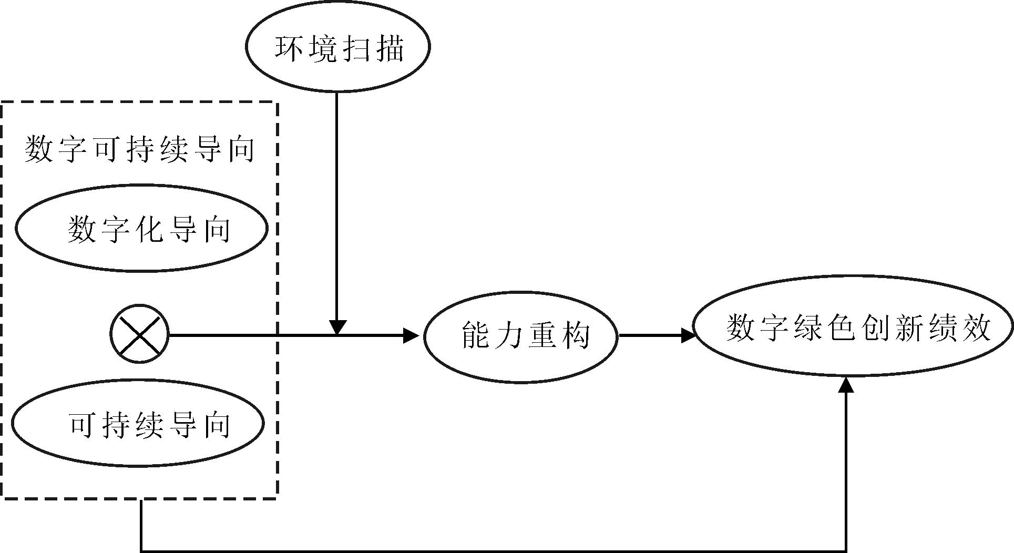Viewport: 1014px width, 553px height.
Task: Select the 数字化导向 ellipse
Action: (141, 228)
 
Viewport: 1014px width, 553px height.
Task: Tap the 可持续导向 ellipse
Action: (138, 424)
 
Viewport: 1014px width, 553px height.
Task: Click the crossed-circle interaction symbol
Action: (140, 334)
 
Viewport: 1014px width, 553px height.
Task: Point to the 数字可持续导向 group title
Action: (139, 149)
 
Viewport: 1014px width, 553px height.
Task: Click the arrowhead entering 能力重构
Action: (411, 335)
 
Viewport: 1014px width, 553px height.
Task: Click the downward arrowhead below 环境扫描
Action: (337, 327)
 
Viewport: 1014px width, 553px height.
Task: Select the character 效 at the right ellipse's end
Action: (976, 327)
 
